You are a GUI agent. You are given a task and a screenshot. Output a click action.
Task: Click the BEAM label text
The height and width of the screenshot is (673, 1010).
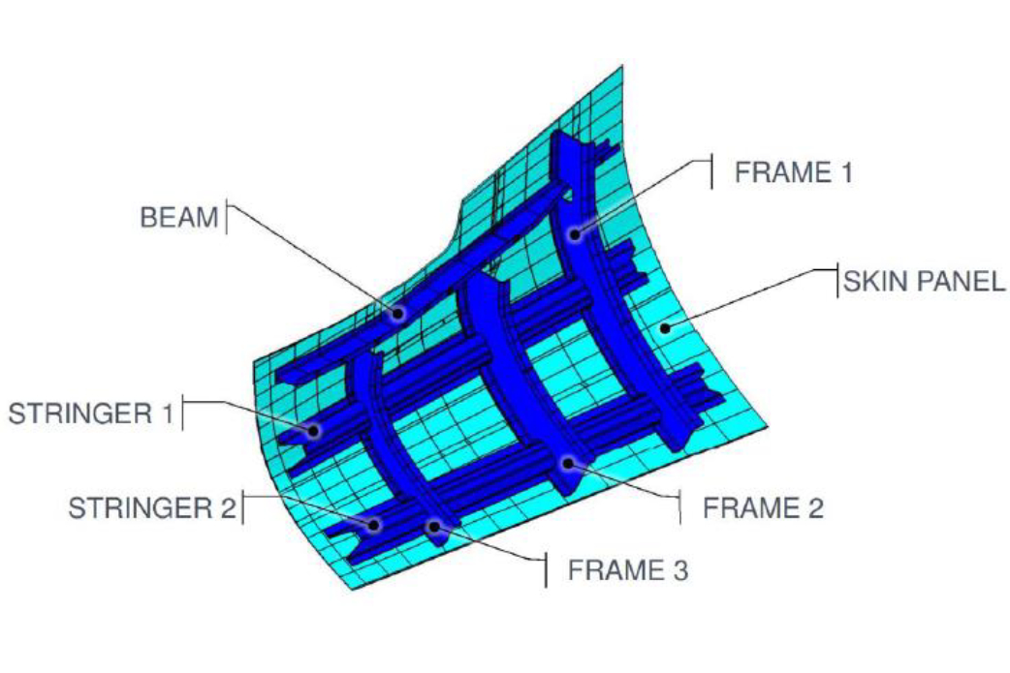(179, 217)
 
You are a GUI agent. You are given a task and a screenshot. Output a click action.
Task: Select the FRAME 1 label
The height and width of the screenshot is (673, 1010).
(794, 172)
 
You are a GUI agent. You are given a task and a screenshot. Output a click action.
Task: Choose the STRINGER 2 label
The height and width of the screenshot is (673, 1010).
(151, 508)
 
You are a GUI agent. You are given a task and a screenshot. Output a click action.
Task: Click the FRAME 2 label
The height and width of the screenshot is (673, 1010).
(763, 507)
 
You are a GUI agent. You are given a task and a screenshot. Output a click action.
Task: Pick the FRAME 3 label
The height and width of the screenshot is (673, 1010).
(627, 570)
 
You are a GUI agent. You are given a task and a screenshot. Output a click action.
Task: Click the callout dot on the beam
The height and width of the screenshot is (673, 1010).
(398, 313)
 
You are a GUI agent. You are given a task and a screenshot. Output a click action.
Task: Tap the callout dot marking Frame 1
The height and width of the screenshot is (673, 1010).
(576, 233)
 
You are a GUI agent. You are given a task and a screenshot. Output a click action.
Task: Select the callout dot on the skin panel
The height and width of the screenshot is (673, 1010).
(665, 329)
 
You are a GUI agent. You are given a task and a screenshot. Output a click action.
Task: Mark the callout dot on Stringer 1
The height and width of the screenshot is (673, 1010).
(313, 429)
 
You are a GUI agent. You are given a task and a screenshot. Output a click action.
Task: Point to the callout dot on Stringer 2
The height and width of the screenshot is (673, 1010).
(374, 523)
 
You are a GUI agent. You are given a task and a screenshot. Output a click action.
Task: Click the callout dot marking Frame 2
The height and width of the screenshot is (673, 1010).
(568, 463)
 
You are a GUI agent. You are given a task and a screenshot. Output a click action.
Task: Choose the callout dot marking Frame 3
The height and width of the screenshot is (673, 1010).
(436, 526)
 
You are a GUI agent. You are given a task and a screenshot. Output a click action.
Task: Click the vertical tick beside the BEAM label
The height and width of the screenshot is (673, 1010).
(227, 217)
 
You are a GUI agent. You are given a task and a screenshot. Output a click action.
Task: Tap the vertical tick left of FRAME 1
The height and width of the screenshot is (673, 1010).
(712, 172)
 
